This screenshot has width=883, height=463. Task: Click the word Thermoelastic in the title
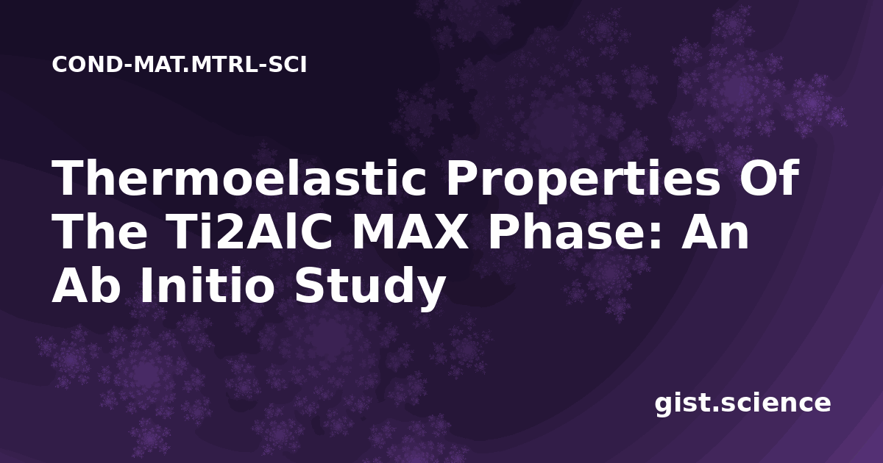[239, 179]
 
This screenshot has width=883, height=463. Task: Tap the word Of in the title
[769, 177]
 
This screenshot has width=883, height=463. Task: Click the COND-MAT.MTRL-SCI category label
[180, 65]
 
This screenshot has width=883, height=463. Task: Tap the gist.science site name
[742, 404]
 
